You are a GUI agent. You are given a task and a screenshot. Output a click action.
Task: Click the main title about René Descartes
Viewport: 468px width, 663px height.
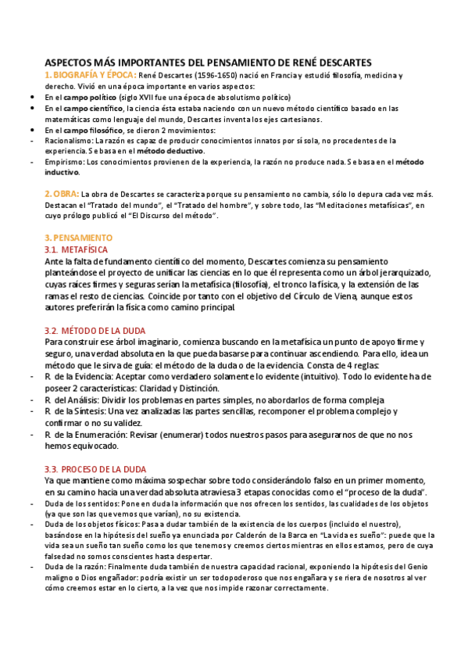tap(207, 63)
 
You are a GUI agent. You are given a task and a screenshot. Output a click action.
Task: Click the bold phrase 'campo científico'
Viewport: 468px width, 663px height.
tap(92, 108)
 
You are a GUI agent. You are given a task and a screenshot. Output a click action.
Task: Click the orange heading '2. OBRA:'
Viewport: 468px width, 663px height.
tap(62, 194)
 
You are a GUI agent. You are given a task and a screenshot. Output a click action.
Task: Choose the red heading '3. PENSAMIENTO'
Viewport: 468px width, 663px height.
tap(78, 237)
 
